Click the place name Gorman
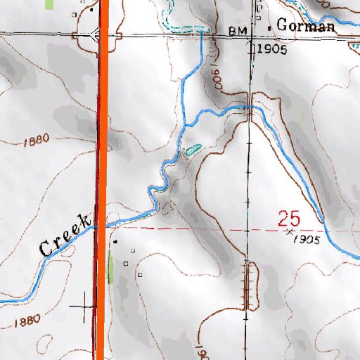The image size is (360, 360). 306,26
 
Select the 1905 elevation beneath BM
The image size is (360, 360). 269,49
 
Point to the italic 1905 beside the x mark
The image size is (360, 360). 308,240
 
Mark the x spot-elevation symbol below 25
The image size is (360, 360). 290,231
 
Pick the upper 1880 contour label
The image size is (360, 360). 35,140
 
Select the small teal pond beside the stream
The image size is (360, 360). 192,149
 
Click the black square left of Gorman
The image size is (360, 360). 272,26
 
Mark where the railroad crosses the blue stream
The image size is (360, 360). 249,108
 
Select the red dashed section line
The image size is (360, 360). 211,228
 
